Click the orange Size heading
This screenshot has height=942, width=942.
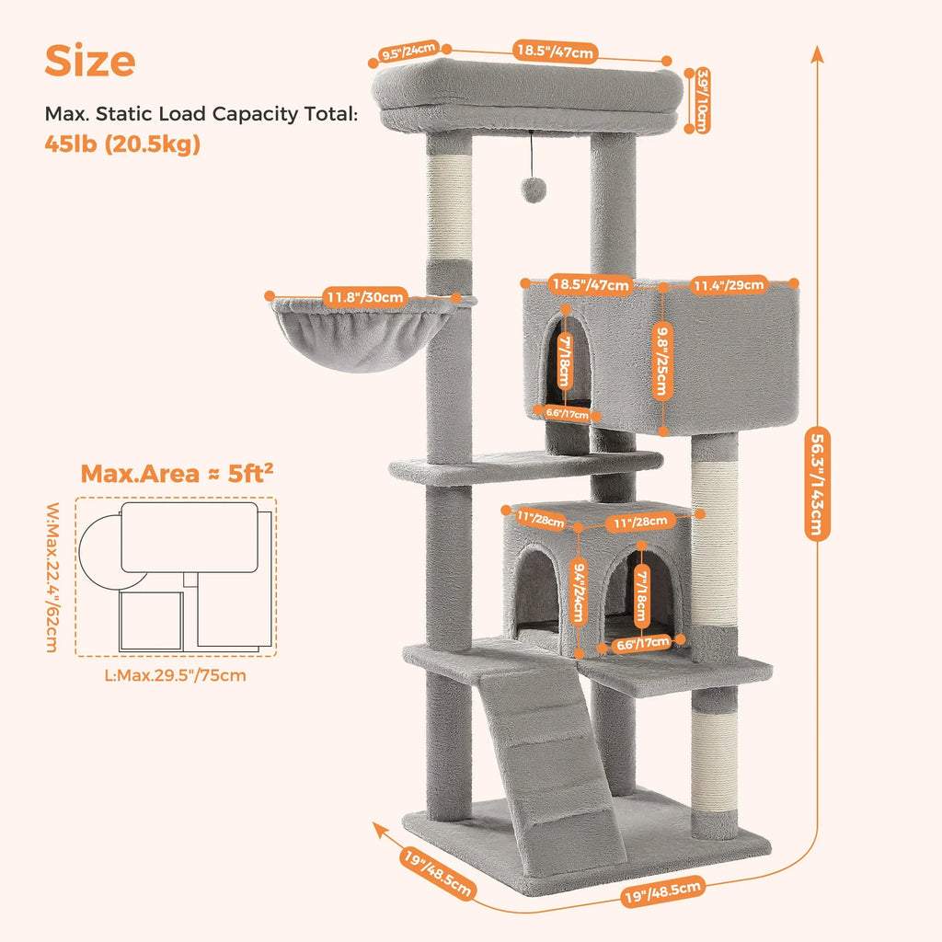(90, 61)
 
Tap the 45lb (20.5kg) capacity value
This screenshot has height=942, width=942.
(122, 144)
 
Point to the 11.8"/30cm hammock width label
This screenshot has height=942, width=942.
(364, 296)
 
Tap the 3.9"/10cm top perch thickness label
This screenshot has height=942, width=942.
(701, 100)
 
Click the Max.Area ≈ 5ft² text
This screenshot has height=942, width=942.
(177, 474)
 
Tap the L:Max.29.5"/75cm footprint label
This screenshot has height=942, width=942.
(176, 675)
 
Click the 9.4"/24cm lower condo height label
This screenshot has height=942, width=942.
(578, 592)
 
